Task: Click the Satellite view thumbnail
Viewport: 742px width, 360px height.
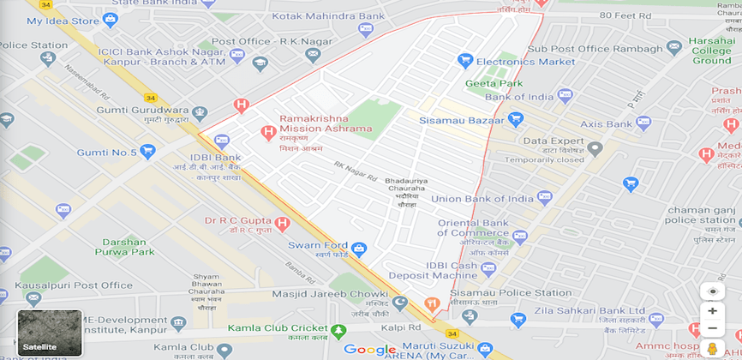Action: coord(50,333)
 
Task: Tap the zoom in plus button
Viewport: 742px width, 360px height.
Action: coord(712,311)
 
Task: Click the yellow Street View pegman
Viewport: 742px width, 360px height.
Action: coord(712,348)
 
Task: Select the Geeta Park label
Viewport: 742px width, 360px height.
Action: coord(494,84)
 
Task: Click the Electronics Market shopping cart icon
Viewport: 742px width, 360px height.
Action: coord(465,61)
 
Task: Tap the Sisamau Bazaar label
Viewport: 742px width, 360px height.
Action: coord(461,121)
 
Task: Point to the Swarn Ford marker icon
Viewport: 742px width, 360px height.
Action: coord(359,249)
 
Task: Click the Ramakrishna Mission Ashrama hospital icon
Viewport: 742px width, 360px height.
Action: coord(268,133)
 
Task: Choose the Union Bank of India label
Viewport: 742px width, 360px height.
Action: coord(479,199)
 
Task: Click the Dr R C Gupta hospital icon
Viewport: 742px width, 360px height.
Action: coord(282,223)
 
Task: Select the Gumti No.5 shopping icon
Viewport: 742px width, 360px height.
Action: coord(148,153)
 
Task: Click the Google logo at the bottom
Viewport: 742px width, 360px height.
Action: coord(370,350)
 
